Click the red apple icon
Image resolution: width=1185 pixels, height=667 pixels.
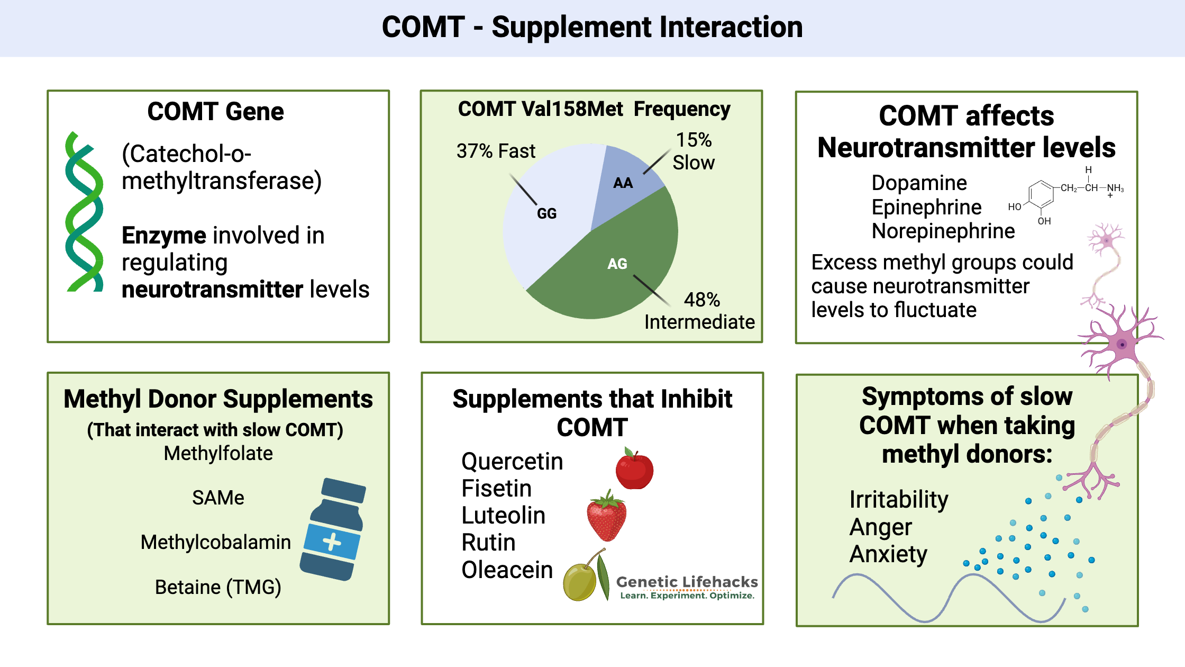tap(634, 470)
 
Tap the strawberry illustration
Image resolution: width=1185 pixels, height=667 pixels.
tap(607, 517)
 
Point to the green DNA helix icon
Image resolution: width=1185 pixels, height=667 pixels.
tap(84, 212)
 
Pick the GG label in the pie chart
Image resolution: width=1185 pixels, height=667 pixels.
tap(546, 213)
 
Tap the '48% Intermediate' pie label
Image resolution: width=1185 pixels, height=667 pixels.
tap(699, 311)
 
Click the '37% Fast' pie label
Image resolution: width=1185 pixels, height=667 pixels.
tap(496, 151)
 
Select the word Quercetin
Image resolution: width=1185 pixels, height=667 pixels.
tap(512, 461)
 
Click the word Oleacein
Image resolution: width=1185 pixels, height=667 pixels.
tap(507, 570)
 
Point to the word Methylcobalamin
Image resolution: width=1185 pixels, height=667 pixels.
tap(216, 542)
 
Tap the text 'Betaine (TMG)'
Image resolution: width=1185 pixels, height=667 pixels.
tap(218, 587)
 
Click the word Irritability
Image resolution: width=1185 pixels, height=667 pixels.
tap(899, 499)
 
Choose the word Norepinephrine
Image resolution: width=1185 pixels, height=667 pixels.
tap(943, 231)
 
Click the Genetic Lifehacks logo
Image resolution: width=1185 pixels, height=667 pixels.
tap(687, 587)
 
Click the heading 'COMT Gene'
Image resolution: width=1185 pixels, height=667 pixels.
tap(215, 112)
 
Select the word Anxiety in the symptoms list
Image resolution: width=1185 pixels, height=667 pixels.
tap(888, 554)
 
